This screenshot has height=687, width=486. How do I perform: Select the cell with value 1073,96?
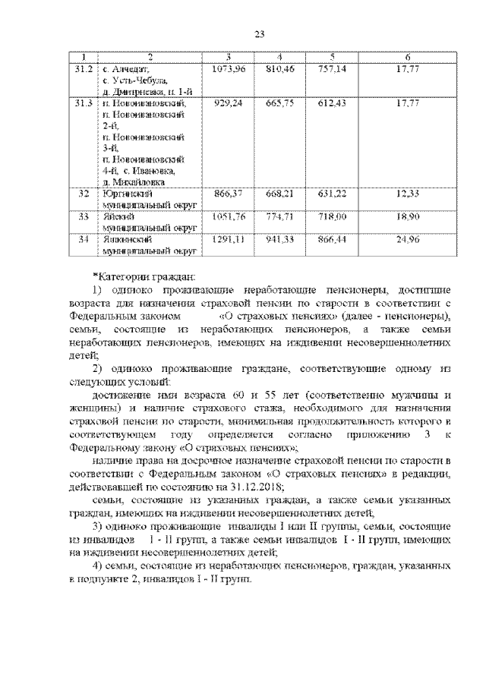click(x=228, y=69)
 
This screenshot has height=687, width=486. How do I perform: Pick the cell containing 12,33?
click(x=408, y=194)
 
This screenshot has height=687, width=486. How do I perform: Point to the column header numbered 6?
click(x=408, y=58)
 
